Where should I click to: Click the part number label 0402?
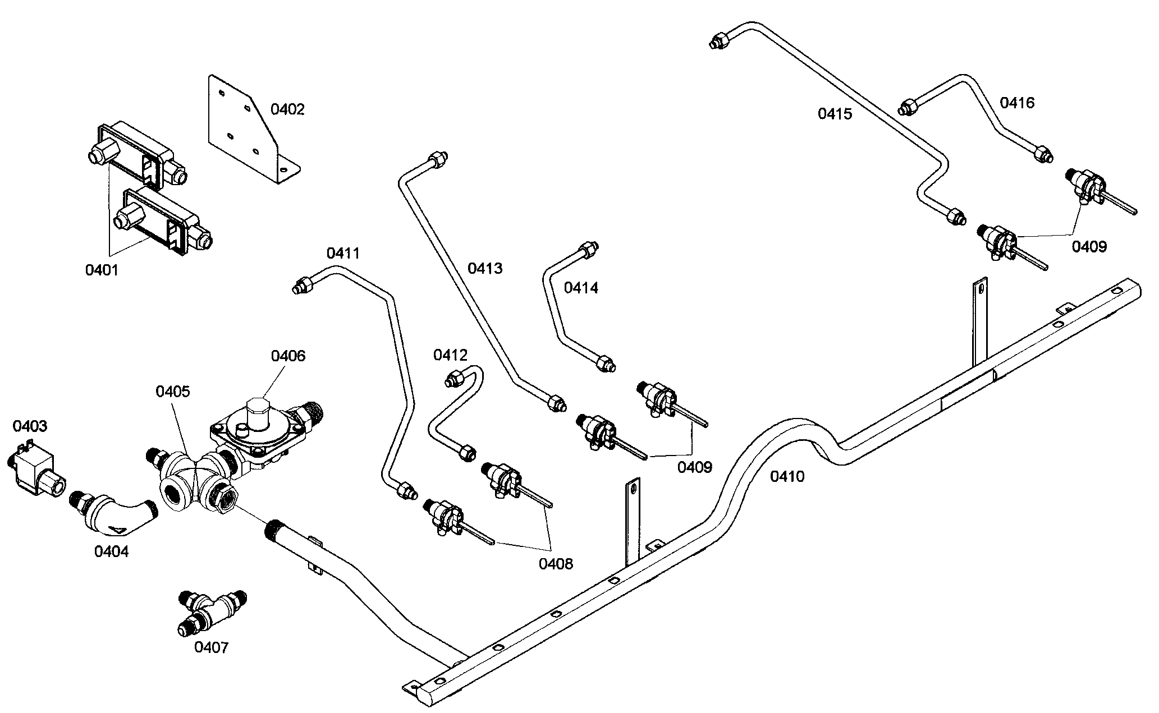click(287, 109)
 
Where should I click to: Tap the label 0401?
click(102, 270)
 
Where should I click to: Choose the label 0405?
click(173, 391)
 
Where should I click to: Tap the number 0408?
click(556, 563)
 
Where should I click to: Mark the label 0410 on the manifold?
click(787, 476)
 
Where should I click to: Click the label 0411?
click(343, 254)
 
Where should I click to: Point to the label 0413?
click(485, 268)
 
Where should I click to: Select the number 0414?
click(581, 288)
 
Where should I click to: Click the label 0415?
click(835, 114)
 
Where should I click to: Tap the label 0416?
click(1017, 103)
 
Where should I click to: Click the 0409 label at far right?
click(1089, 246)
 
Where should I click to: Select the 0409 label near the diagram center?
click(694, 467)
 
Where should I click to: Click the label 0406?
click(288, 356)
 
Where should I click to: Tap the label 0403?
click(30, 426)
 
